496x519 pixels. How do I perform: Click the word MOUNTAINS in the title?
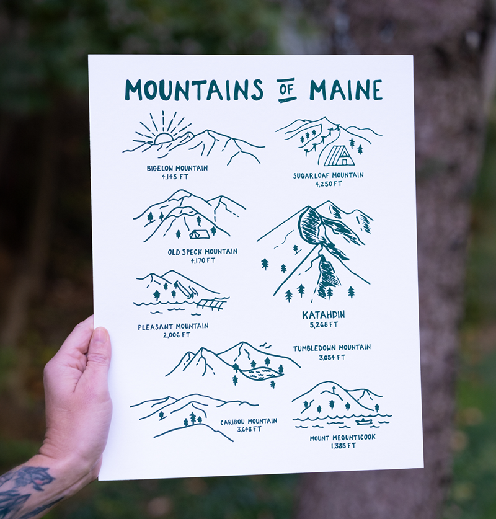pyautogui.click(x=193, y=90)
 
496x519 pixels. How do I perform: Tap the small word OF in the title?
pyautogui.click(x=286, y=89)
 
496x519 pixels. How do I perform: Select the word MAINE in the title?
pyautogui.click(x=346, y=90)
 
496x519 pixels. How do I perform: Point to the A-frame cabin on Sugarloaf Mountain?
pyautogui.click(x=339, y=156)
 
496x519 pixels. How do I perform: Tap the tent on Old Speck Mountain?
pyautogui.click(x=199, y=234)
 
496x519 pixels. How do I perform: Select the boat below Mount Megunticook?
pyautogui.click(x=364, y=422)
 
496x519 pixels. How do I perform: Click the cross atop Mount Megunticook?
pyautogui.click(x=333, y=390)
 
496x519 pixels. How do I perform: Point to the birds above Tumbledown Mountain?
pyautogui.click(x=265, y=345)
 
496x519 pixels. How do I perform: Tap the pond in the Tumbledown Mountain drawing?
pyautogui.click(x=261, y=373)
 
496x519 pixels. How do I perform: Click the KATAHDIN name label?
pyautogui.click(x=323, y=315)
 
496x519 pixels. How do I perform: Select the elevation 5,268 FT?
pyautogui.click(x=324, y=324)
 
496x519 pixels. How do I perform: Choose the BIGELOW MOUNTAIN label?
pyautogui.click(x=177, y=168)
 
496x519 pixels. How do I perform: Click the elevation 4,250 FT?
pyautogui.click(x=328, y=184)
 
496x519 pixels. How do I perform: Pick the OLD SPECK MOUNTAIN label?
pyautogui.click(x=202, y=252)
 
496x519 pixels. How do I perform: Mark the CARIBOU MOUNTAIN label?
pyautogui.click(x=249, y=422)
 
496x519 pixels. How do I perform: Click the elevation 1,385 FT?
pyautogui.click(x=343, y=445)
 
